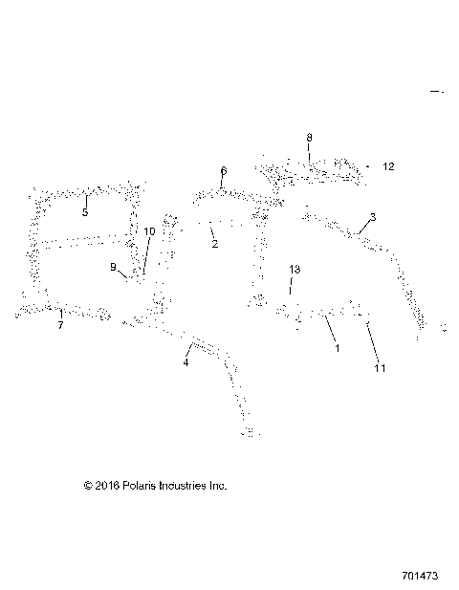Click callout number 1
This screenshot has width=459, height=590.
coord(337,350)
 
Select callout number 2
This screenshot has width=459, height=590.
coord(214,245)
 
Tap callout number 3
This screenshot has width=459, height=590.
coord(373,217)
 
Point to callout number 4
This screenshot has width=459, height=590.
coord(186,362)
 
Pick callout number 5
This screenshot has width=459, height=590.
coord(84,212)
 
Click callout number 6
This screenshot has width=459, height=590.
coord(223,171)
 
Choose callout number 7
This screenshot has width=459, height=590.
coord(60,326)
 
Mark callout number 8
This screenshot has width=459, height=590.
coord(309,138)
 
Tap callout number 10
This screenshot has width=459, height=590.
coord(148,231)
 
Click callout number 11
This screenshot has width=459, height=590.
coord(380,367)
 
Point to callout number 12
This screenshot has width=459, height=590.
coord(388,166)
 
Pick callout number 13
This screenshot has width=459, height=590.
coord(294,271)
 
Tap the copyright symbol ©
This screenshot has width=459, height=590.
coord(89,486)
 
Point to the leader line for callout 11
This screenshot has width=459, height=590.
coord(372,341)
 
